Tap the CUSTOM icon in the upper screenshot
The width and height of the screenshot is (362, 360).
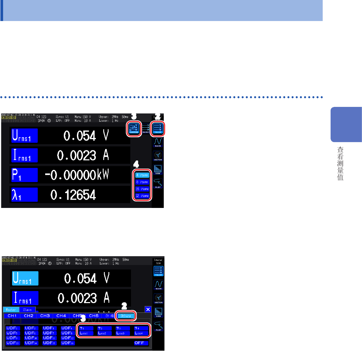[134, 129]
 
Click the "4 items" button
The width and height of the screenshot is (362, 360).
[142, 175]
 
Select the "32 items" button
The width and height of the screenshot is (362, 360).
[142, 196]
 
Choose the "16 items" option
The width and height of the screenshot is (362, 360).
[142, 189]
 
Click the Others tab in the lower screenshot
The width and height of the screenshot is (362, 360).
[126, 316]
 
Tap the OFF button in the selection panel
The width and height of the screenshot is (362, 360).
[141, 343]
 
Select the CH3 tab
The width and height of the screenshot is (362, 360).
[45, 316]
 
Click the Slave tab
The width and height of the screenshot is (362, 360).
[27, 310]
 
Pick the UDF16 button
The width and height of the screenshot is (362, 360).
[68, 343]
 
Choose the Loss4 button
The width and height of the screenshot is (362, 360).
[141, 333]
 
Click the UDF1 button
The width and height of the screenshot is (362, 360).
[13, 328]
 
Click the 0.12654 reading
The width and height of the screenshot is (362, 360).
[73, 196]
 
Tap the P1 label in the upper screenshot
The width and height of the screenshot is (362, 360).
[23, 175]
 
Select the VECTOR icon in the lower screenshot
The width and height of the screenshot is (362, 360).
[158, 299]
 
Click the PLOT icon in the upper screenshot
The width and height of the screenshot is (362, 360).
[158, 184]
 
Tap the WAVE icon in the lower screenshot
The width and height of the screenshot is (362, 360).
[158, 285]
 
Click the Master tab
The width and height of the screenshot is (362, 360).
[11, 310]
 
